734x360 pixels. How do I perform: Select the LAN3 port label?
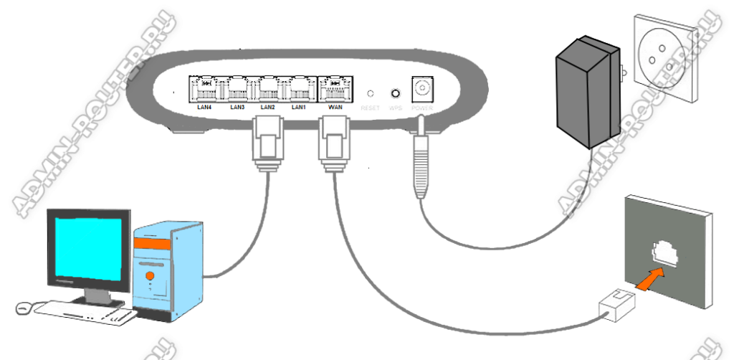237,108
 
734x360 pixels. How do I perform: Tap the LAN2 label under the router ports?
268,108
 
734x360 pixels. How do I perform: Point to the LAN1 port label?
300,108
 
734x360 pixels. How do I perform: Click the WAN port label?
335,108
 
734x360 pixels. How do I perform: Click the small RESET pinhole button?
371,94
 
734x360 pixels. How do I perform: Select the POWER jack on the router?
421,90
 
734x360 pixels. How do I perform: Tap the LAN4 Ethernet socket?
206,89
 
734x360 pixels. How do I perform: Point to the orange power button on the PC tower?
150,275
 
